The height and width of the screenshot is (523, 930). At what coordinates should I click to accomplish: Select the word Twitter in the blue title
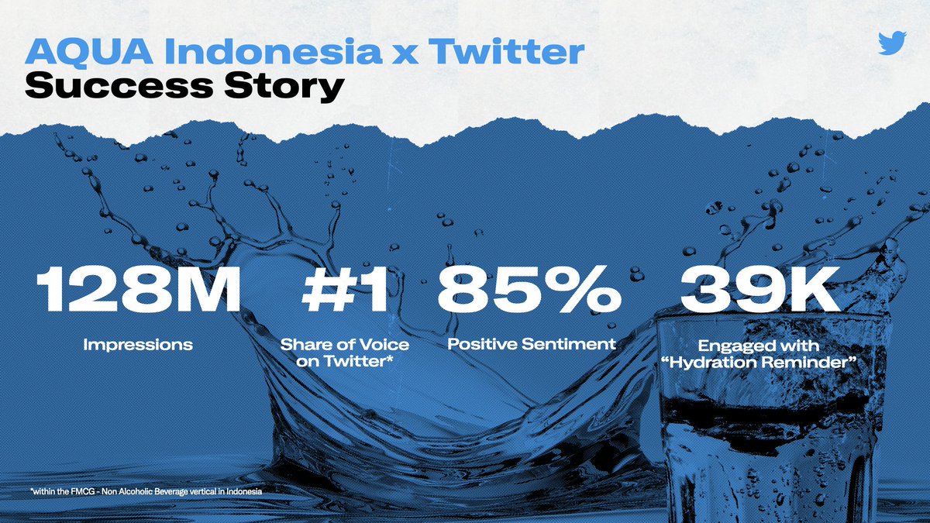[507, 52]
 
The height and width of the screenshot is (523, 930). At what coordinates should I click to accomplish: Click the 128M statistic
[139, 291]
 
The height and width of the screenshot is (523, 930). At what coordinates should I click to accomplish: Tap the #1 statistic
[344, 291]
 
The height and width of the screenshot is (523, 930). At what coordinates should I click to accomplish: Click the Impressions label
[138, 344]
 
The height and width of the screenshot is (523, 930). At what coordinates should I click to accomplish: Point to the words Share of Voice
[344, 344]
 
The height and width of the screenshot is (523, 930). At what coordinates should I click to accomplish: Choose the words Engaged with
[759, 344]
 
